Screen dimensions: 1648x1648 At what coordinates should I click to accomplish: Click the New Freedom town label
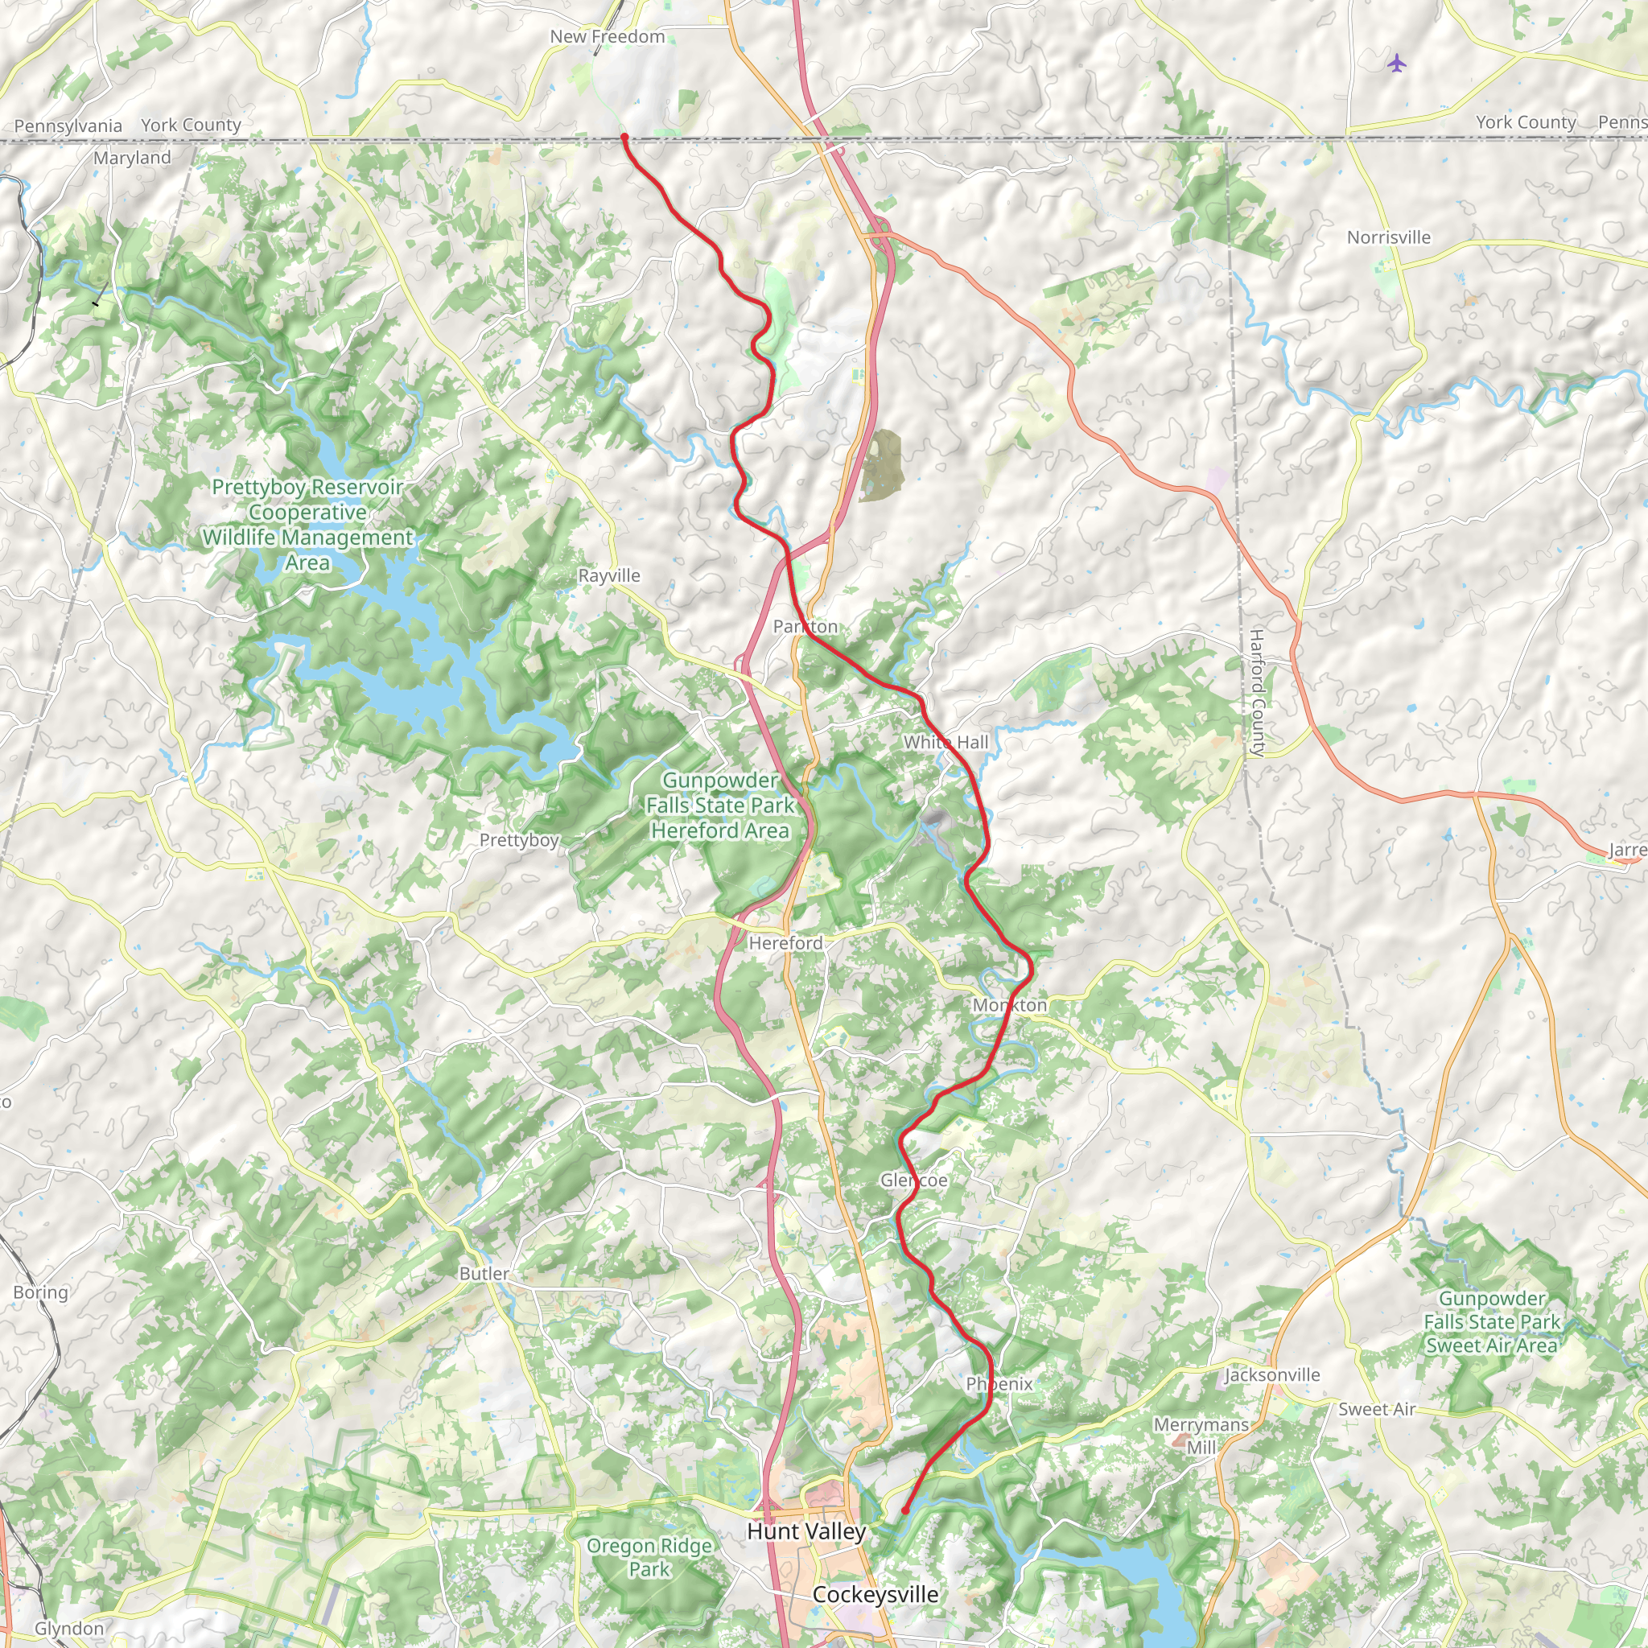click(x=608, y=37)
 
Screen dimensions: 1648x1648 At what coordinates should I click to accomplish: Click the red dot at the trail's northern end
click(x=624, y=137)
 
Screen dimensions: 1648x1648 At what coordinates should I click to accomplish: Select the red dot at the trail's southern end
click(x=905, y=1510)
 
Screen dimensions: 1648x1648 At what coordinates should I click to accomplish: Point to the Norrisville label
click(x=1389, y=237)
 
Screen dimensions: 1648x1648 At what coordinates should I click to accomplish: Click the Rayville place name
click(x=609, y=576)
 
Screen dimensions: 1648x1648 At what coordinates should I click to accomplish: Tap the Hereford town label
click(x=785, y=942)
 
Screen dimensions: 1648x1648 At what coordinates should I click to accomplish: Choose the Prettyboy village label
click(x=519, y=840)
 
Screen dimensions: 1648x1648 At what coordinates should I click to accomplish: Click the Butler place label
click(x=484, y=1274)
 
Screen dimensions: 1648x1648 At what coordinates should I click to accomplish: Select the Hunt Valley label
click(x=806, y=1531)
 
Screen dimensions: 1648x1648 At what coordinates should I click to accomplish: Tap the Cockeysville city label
click(x=875, y=1594)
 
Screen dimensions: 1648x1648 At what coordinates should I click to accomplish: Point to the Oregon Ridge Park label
click(x=649, y=1557)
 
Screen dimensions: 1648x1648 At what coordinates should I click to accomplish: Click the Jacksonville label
click(x=1272, y=1375)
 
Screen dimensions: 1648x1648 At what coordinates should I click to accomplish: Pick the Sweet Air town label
click(x=1376, y=1409)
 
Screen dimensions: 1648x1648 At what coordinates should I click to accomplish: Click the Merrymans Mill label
click(x=1201, y=1436)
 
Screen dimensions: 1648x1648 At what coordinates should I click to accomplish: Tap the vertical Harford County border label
click(x=1255, y=693)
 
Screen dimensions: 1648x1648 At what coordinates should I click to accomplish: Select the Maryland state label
click(x=132, y=158)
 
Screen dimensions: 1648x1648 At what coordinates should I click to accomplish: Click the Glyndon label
click(x=69, y=1629)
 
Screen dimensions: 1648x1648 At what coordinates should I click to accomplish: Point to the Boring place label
click(x=40, y=1292)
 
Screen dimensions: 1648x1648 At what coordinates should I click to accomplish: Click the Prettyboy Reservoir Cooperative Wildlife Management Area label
click(x=308, y=525)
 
